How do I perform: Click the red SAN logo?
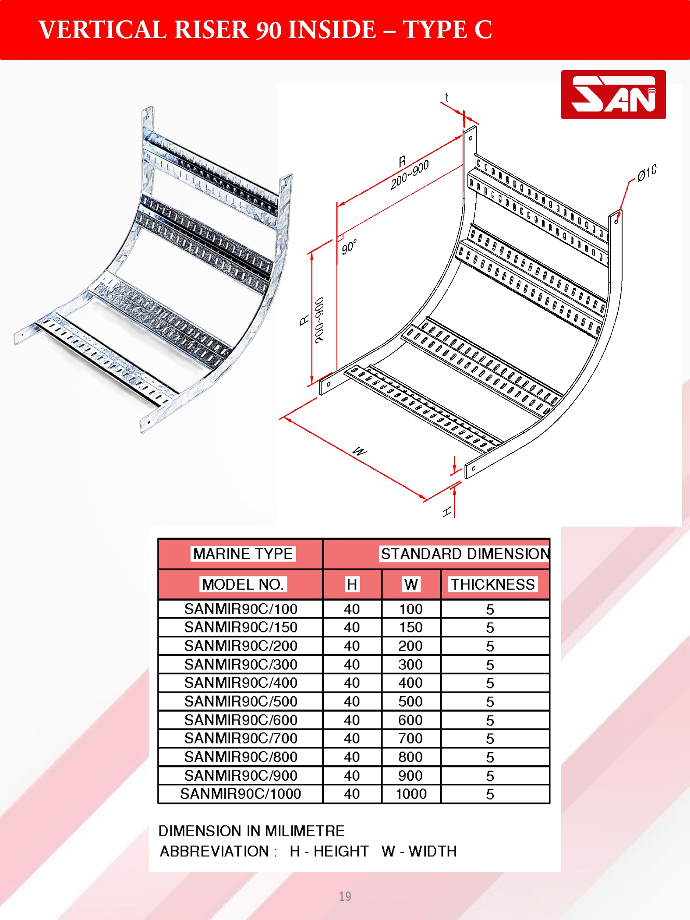pos(613,95)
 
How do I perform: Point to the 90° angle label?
pos(349,247)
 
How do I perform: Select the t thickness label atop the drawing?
pos(447,97)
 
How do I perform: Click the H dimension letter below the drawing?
pos(447,512)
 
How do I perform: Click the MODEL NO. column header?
pos(243,584)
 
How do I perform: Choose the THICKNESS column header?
pos(493,584)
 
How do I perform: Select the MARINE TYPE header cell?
pos(243,554)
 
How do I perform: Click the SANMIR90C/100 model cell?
pos(241,609)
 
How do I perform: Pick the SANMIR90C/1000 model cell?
pos(241,793)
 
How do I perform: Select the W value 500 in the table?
pos(410,701)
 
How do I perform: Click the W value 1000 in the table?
pos(411,793)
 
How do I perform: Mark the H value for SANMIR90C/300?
pos(352,664)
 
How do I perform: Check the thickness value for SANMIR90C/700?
pos(490,738)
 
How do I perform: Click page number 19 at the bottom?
pos(345,896)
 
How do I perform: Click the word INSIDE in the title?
pos(332,30)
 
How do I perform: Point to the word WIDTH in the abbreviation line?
pos(433,851)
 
